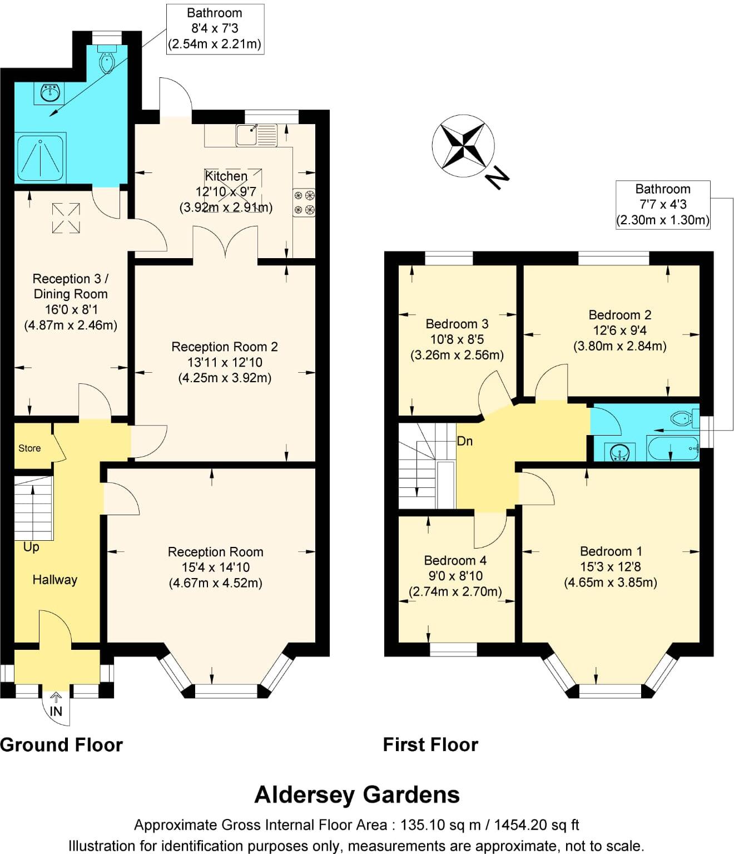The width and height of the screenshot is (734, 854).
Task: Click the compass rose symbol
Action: coord(463,145)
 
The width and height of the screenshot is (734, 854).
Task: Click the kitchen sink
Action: coord(256,135)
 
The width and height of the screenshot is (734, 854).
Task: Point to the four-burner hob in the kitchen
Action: coord(304,202)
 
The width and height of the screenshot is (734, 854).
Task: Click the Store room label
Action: coord(29,448)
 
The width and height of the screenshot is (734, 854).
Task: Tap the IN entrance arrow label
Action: coord(56,711)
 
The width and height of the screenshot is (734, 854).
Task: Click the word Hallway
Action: coord(54,580)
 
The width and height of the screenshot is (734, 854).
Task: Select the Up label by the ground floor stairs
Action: coord(31,547)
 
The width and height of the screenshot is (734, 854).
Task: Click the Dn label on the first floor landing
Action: coord(465,441)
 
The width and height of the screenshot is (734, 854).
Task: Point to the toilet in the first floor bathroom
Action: coord(683,418)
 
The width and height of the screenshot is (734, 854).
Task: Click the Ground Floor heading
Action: coord(61,744)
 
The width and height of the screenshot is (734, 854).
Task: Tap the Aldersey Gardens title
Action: coord(357,794)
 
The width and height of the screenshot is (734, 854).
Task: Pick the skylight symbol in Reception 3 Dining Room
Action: coord(66,218)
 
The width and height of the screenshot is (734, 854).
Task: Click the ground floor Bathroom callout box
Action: coord(215,29)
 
